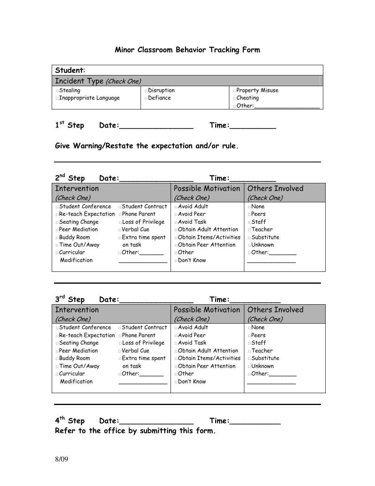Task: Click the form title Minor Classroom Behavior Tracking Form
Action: (x=187, y=50)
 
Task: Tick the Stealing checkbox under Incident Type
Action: (x=57, y=91)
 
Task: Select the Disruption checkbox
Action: (x=146, y=91)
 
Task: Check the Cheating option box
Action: (x=234, y=98)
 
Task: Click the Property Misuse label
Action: (x=257, y=90)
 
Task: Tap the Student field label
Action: (x=70, y=70)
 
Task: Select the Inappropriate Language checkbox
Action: (x=57, y=98)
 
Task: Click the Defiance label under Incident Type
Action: (x=159, y=98)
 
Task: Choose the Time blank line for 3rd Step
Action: (x=255, y=301)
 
